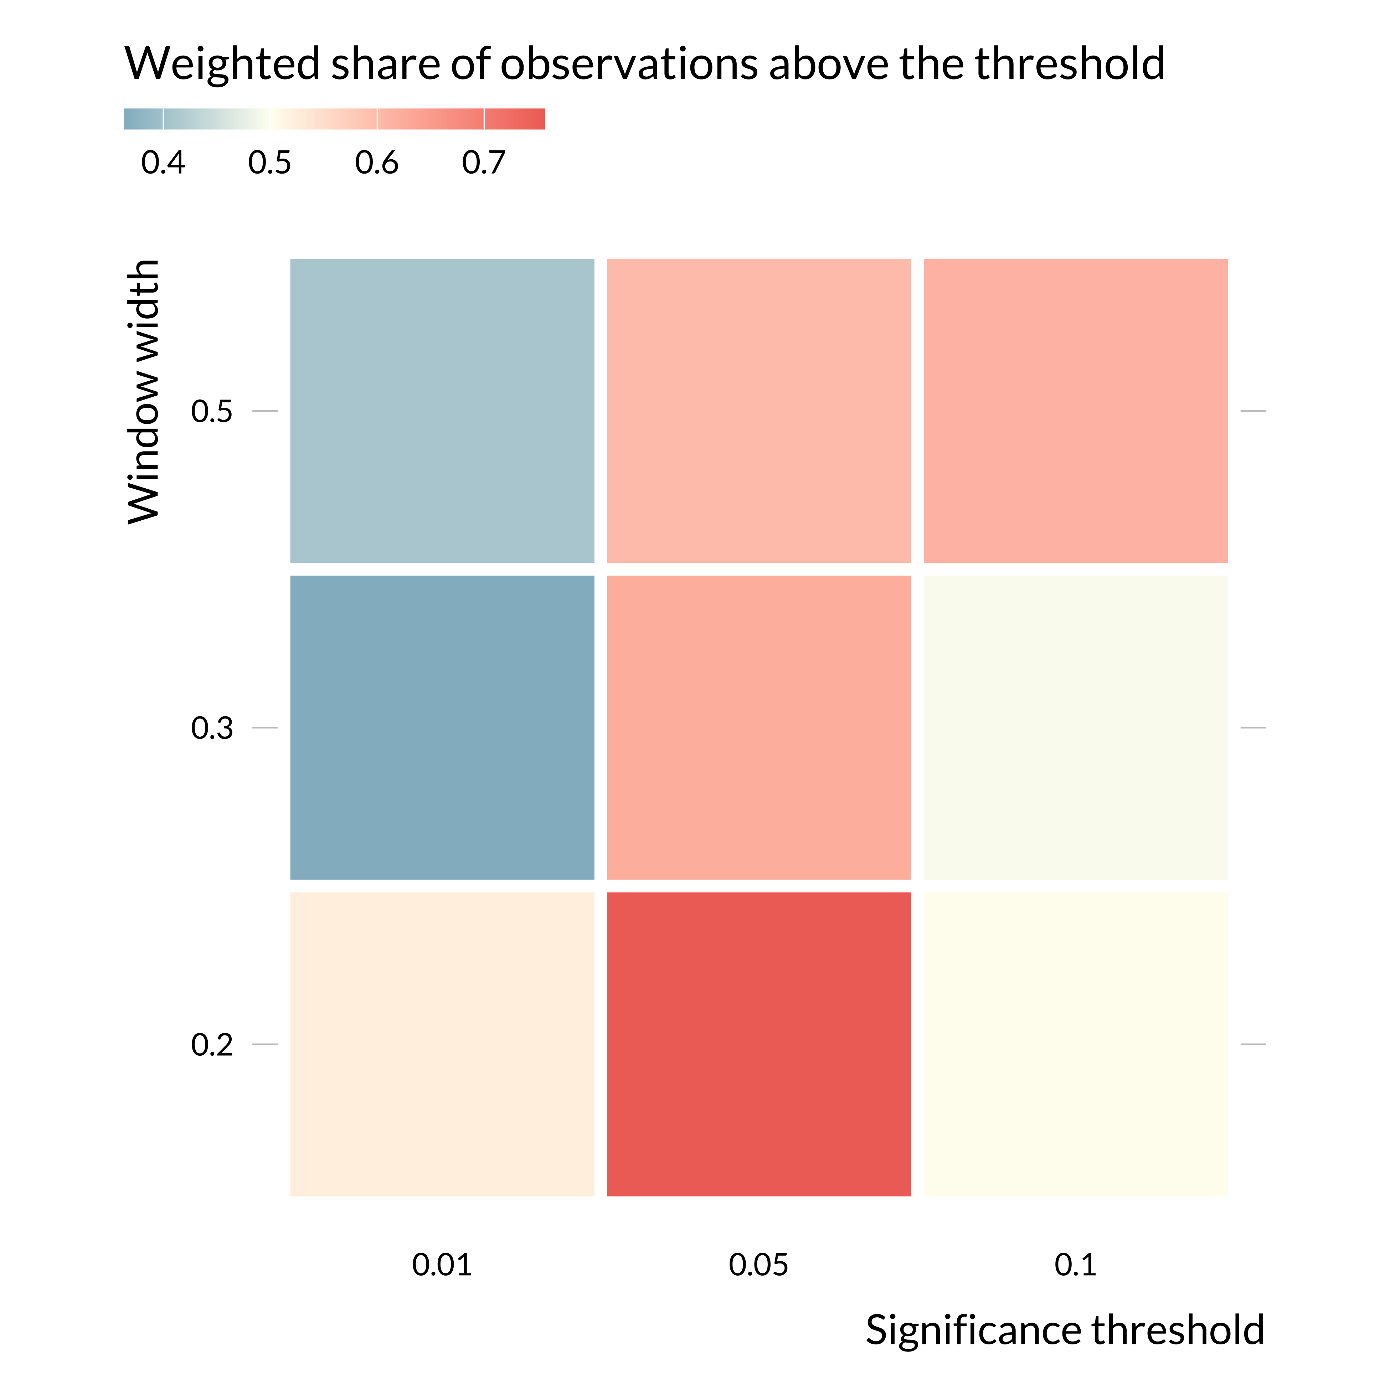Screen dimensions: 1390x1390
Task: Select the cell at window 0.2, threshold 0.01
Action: point(442,1044)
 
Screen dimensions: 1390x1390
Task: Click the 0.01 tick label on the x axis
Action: point(442,1265)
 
